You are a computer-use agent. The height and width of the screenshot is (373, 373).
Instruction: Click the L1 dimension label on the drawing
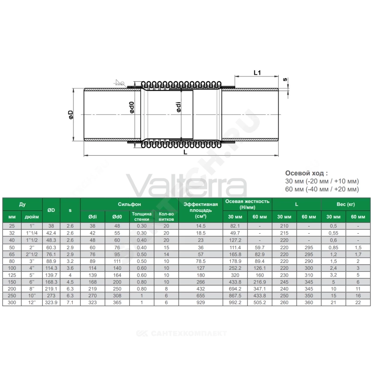pos(257,73)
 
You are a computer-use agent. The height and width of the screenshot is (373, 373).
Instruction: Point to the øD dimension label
pos(71,115)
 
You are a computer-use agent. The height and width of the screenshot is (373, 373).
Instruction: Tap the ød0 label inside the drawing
pos(132,107)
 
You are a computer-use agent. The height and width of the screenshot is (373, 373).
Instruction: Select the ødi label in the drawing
pos(179,107)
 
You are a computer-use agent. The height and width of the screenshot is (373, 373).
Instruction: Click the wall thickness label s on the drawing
pos(285,79)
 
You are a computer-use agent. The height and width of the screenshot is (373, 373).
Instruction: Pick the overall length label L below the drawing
pos(185,152)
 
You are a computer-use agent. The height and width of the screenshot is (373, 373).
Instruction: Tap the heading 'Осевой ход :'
pos(306,173)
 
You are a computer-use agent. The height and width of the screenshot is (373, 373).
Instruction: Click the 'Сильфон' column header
pos(129,204)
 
